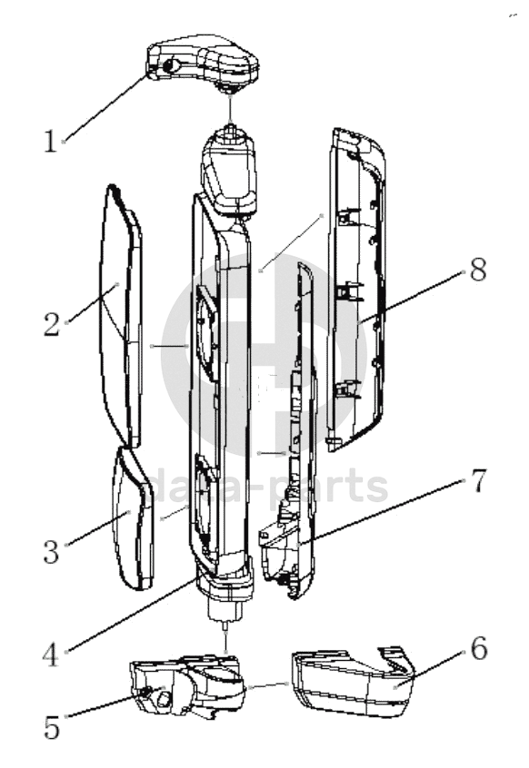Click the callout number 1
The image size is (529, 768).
tap(51, 141)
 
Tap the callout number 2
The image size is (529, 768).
tap(52, 324)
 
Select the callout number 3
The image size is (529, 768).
tap(52, 551)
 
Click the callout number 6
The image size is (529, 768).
tap(479, 648)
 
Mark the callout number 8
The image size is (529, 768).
tap(478, 269)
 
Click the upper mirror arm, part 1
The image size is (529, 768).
tap(204, 61)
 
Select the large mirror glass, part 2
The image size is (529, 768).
tap(121, 316)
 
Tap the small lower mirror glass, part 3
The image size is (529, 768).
tap(133, 519)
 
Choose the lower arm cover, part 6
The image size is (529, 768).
tap(352, 682)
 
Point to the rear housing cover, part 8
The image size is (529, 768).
tap(356, 289)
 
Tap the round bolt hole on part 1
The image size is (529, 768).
tap(171, 65)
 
